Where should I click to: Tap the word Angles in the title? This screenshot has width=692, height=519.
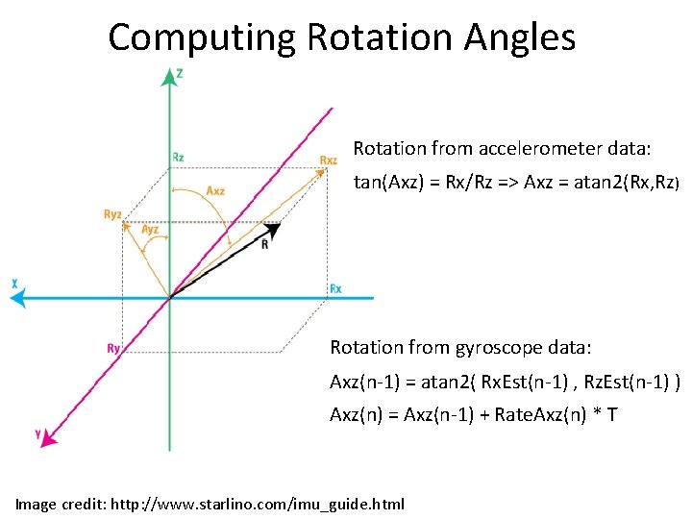pyautogui.click(x=519, y=37)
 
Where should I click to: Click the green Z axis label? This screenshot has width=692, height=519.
pyautogui.click(x=180, y=72)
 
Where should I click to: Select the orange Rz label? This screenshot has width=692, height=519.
pyautogui.click(x=179, y=157)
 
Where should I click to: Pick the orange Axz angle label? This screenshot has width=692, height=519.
pyautogui.click(x=215, y=190)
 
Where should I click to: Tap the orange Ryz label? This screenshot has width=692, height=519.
pyautogui.click(x=112, y=214)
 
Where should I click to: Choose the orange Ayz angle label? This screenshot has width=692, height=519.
pyautogui.click(x=150, y=229)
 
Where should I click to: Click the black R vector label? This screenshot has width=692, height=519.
pyautogui.click(x=265, y=244)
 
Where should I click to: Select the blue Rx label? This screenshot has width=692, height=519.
pyautogui.click(x=335, y=288)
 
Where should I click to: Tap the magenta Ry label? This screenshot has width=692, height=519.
pyautogui.click(x=112, y=349)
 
